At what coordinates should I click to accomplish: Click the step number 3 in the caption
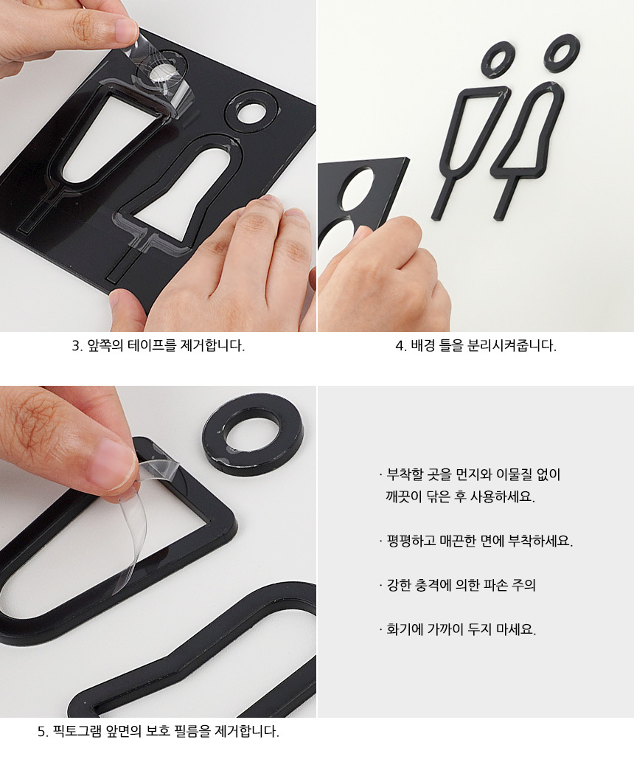76,346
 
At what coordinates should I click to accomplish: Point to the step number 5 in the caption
42,731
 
